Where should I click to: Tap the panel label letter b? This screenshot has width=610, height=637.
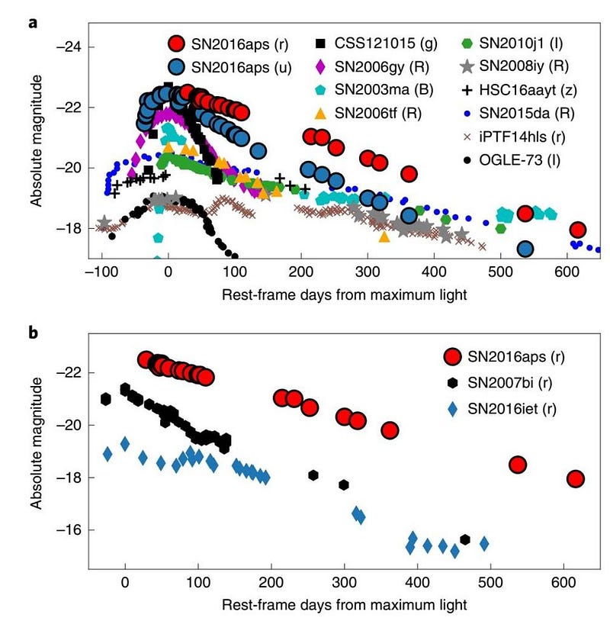[x=34, y=333]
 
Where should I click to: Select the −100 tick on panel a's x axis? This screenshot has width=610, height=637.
[x=101, y=272]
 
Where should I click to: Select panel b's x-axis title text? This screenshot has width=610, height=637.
[x=344, y=604]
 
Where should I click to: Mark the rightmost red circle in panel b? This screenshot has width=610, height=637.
[x=575, y=479]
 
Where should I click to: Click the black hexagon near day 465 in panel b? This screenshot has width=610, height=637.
[x=465, y=539]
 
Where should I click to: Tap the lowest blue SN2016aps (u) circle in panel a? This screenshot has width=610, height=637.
[x=525, y=249]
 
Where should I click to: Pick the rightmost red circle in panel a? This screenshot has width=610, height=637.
[x=577, y=230]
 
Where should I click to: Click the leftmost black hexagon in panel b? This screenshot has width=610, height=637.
[x=106, y=398]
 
